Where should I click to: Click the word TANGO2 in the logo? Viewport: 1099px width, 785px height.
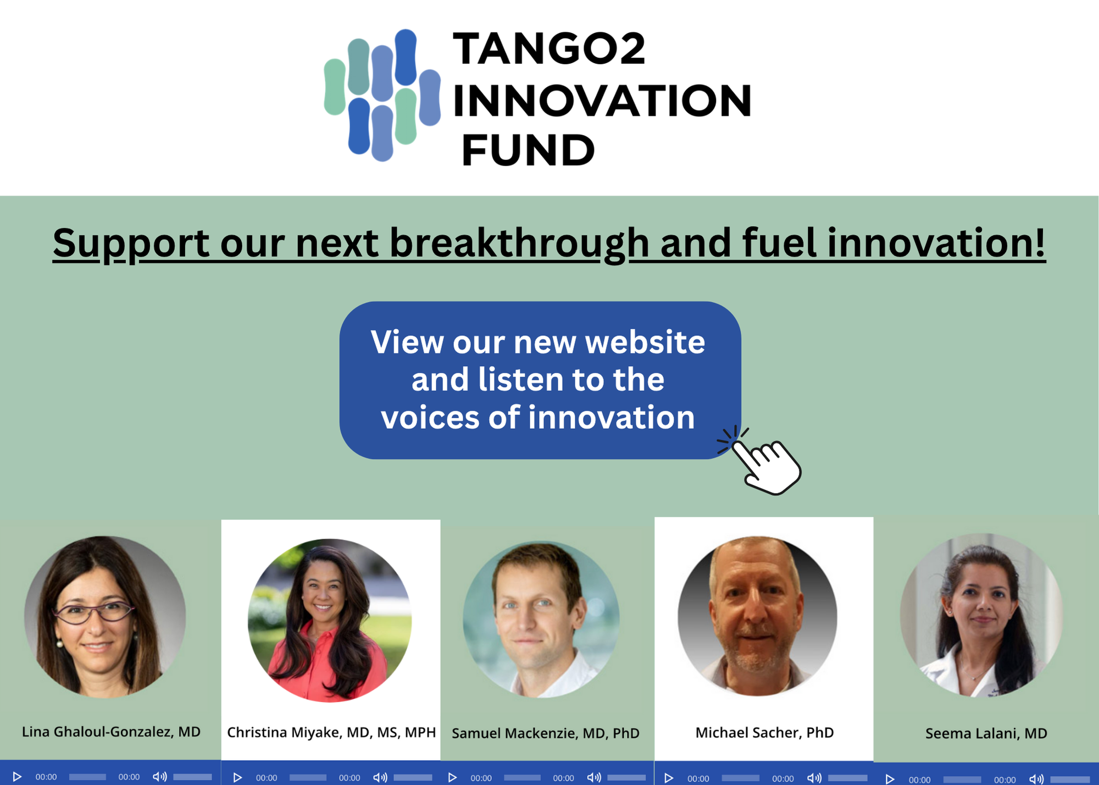549,49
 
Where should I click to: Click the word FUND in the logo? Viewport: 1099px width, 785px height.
528,150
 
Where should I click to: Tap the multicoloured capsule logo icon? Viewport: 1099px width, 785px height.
382,95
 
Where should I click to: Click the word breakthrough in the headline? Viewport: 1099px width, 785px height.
519,243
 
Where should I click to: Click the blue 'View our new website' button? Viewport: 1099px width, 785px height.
540,380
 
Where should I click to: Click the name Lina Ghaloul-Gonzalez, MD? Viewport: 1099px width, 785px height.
111,732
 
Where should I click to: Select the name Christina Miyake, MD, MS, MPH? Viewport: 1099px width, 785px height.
331,733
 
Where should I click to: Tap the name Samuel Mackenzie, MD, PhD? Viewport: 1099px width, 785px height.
546,733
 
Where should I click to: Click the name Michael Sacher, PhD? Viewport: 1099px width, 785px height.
764,732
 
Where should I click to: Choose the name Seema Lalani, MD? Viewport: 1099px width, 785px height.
986,733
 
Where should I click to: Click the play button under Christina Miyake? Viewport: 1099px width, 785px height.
237,777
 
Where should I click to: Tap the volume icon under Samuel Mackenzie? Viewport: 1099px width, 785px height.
593,777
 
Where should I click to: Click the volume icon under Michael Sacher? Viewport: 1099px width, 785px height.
814,778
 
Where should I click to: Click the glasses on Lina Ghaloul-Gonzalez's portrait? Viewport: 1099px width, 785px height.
93,612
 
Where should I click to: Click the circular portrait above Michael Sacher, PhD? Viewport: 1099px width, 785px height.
757,616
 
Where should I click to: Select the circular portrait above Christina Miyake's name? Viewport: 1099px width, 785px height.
330,620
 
